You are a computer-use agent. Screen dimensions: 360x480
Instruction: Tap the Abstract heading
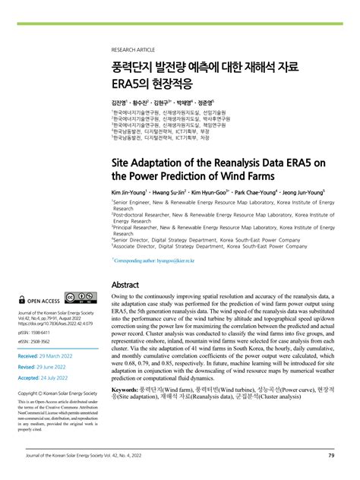click(125, 285)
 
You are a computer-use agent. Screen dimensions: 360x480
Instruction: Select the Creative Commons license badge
click(79, 299)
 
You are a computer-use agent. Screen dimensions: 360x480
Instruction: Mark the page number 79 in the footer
click(331, 456)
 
